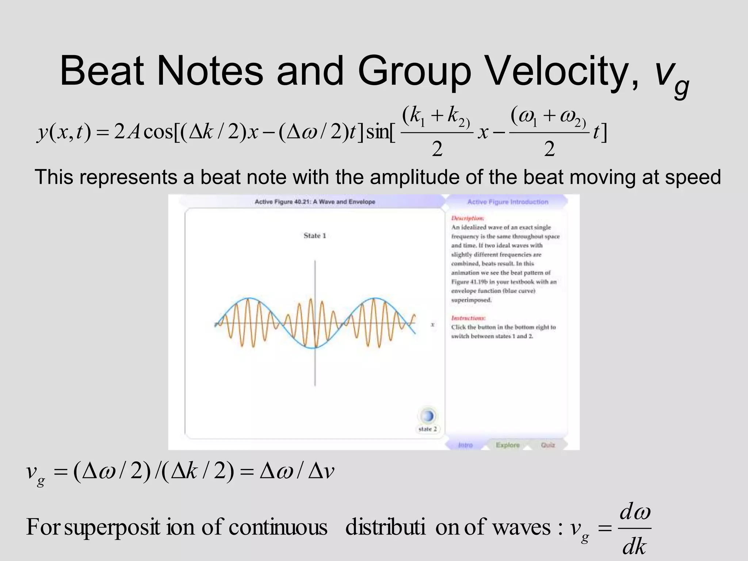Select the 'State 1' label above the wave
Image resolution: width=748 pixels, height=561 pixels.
point(314,236)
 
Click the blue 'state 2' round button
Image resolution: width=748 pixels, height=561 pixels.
point(427,416)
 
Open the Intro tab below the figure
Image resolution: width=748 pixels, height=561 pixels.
point(465,445)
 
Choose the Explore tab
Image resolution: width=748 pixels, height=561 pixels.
point(508,445)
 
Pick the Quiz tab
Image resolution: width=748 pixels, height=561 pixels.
point(548,445)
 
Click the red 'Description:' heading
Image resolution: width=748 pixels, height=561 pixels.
point(468,218)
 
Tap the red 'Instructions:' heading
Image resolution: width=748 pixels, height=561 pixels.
point(469,318)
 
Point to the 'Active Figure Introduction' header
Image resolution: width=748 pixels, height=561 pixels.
point(508,202)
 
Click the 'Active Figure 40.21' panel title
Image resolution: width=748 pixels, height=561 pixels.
point(315,202)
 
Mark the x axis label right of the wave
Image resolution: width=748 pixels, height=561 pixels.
point(432,324)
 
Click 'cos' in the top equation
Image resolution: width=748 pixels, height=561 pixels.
point(158,132)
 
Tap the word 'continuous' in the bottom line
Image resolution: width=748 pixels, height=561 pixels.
point(278,527)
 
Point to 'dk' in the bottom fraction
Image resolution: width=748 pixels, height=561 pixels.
point(634,547)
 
